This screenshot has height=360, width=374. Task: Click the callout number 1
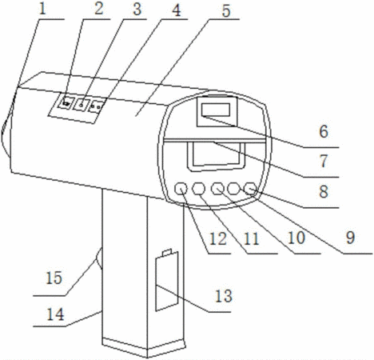click(x=42, y=9)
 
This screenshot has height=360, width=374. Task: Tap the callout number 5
click(x=226, y=11)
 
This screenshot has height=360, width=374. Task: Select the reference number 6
click(x=324, y=132)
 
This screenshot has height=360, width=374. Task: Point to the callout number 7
click(x=324, y=162)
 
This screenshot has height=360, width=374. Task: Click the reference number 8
click(x=324, y=191)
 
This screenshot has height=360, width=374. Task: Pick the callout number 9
click(x=351, y=238)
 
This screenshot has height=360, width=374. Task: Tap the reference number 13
click(x=224, y=296)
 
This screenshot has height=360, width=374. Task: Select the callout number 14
click(x=55, y=314)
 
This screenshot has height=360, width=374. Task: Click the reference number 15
click(x=54, y=278)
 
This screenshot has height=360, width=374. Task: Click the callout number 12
click(x=218, y=238)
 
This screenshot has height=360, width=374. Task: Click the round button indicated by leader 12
click(x=181, y=189)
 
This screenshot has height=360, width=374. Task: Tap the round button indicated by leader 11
click(x=198, y=189)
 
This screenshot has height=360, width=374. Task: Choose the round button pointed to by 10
click(x=217, y=189)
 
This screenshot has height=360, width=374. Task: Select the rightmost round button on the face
click(x=250, y=188)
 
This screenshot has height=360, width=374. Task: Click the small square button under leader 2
click(x=66, y=102)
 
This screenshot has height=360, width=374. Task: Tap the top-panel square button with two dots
click(x=96, y=106)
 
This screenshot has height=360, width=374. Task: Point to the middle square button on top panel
click(x=82, y=104)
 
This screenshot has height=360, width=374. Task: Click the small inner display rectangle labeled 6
click(x=216, y=110)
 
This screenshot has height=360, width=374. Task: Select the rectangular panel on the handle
click(x=167, y=282)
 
